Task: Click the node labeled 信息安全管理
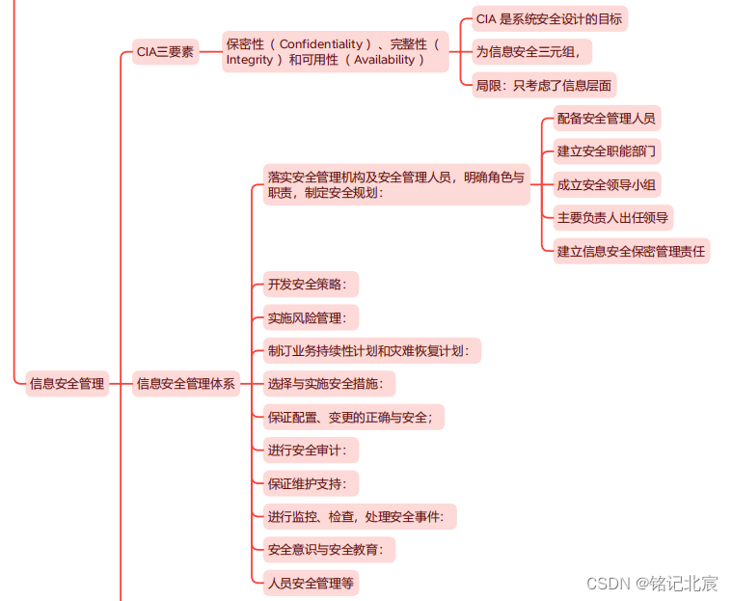(x=67, y=383)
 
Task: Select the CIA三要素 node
(x=165, y=51)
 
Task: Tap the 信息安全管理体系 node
(x=186, y=383)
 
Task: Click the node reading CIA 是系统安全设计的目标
(x=549, y=18)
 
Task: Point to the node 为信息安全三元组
(x=533, y=51)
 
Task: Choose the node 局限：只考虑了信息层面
(x=544, y=85)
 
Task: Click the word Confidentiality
(x=323, y=44)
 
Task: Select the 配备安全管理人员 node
(x=606, y=119)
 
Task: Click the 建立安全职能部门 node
(x=607, y=151)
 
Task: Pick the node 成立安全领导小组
(x=607, y=184)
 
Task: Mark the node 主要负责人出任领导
(x=612, y=218)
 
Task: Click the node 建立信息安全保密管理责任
(x=631, y=251)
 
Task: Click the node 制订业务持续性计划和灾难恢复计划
(x=372, y=350)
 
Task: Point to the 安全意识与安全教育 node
(x=330, y=550)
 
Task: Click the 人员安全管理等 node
(x=312, y=583)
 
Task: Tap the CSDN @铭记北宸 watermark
(x=652, y=583)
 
